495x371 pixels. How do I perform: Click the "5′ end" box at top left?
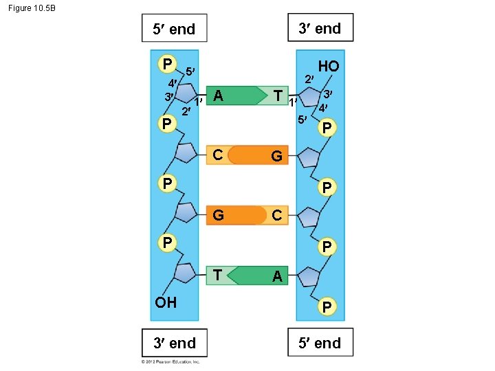(174, 29)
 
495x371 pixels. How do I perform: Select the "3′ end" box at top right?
(320, 28)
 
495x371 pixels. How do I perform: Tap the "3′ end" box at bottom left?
(174, 343)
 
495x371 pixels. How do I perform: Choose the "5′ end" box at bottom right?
(320, 343)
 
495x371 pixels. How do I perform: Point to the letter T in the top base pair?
(277, 95)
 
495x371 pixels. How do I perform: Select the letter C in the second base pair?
(217, 155)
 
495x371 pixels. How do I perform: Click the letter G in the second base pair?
(276, 156)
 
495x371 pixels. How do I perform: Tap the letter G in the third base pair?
(218, 215)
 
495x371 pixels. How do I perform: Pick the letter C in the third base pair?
(276, 215)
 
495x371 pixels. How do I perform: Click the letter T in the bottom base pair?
(217, 275)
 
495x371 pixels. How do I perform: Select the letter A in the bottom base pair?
(276, 276)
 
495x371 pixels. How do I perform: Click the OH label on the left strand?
(166, 302)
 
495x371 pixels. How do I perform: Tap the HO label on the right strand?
(328, 66)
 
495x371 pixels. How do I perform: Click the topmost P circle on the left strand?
(166, 64)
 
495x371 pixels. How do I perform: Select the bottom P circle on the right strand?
(328, 306)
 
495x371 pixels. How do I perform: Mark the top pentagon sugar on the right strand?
(311, 96)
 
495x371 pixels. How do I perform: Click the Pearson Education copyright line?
(170, 361)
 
